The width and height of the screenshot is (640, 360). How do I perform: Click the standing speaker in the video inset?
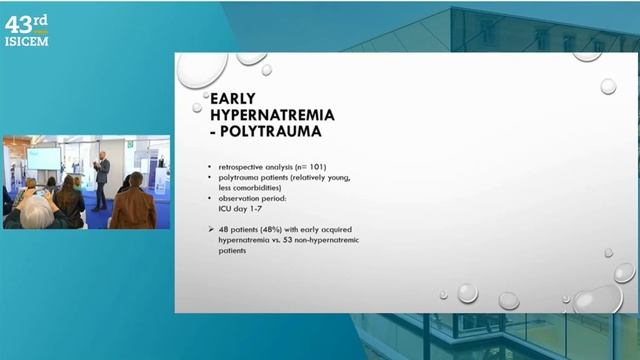click(x=101, y=180)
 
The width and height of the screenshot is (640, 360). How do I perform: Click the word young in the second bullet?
click(x=336, y=175)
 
